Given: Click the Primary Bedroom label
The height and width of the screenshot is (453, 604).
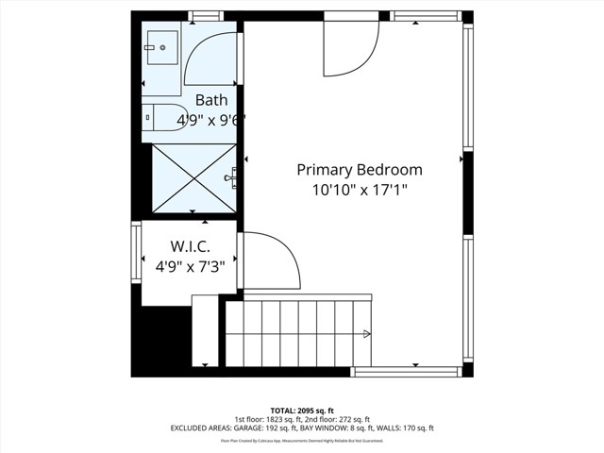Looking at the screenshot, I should (x=360, y=170).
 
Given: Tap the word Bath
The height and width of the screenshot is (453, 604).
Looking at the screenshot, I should (x=211, y=100).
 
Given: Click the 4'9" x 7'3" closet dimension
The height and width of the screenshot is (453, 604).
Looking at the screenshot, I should (x=190, y=267).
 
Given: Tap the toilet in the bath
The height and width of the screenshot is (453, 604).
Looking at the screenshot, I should (x=166, y=118).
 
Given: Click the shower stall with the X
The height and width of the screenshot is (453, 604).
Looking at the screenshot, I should (x=193, y=177).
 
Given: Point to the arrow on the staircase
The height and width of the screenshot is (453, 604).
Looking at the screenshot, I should (x=366, y=333).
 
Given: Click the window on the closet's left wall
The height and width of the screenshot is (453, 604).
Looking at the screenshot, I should (x=137, y=252).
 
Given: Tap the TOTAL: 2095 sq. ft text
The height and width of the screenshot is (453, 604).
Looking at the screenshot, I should (x=302, y=411).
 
